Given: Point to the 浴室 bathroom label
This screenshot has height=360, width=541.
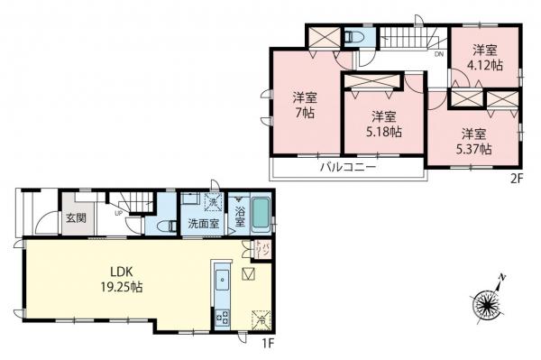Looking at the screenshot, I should pos(241,217).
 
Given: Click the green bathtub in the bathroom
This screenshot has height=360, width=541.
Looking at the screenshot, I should pos(261,217).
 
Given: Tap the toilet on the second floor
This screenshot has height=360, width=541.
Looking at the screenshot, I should pos(354,38).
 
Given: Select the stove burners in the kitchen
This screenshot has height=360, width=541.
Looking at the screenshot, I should pos(221,316).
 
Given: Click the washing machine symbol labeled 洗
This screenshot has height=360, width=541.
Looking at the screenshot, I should pos(215,202).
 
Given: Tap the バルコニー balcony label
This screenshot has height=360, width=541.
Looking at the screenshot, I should pos(346,167).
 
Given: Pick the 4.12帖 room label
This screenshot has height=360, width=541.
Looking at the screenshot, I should pos(486,57).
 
